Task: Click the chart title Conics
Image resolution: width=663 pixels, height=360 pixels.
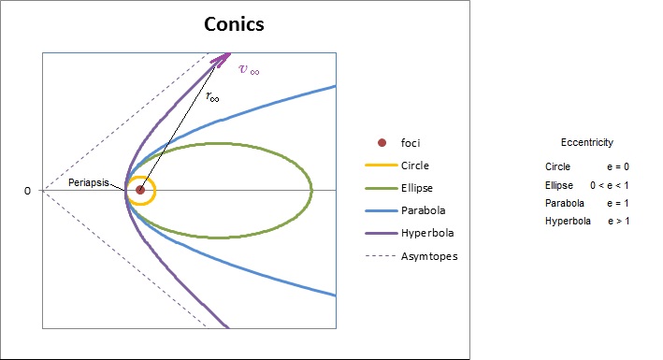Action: pyautogui.click(x=234, y=24)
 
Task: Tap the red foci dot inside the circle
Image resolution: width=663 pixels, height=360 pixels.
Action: pyautogui.click(x=140, y=190)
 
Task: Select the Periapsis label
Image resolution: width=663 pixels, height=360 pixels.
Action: pyautogui.click(x=89, y=182)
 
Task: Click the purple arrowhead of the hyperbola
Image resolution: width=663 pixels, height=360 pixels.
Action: pyautogui.click(x=221, y=59)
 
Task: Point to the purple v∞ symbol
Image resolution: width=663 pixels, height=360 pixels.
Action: pyautogui.click(x=249, y=69)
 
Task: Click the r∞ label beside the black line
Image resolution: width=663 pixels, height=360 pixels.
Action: pyautogui.click(x=212, y=97)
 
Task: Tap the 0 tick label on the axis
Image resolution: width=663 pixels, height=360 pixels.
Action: pyautogui.click(x=27, y=191)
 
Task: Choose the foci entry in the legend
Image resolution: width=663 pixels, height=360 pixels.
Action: pyautogui.click(x=398, y=143)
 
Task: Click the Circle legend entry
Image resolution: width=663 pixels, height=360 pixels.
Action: pyautogui.click(x=397, y=166)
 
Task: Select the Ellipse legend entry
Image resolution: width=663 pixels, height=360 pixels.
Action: pyautogui.click(x=399, y=188)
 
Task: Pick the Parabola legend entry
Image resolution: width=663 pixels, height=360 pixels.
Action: pyautogui.click(x=405, y=210)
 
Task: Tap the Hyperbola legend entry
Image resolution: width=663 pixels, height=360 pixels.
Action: pyautogui.click(x=410, y=233)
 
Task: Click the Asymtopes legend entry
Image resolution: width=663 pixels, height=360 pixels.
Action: pyautogui.click(x=411, y=256)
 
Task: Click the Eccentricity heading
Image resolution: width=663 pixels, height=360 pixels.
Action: pyautogui.click(x=587, y=142)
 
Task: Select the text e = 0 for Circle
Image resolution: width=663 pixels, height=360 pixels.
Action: pyautogui.click(x=618, y=166)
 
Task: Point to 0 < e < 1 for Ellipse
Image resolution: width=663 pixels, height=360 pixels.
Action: pyautogui.click(x=610, y=185)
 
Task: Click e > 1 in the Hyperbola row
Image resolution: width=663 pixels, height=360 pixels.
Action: pyautogui.click(x=619, y=221)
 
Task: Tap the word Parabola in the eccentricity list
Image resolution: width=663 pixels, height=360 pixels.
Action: pyautogui.click(x=565, y=203)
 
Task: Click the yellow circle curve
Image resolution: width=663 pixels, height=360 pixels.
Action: pyautogui.click(x=155, y=191)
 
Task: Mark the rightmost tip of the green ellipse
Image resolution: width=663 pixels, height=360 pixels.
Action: pyautogui.click(x=312, y=190)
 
